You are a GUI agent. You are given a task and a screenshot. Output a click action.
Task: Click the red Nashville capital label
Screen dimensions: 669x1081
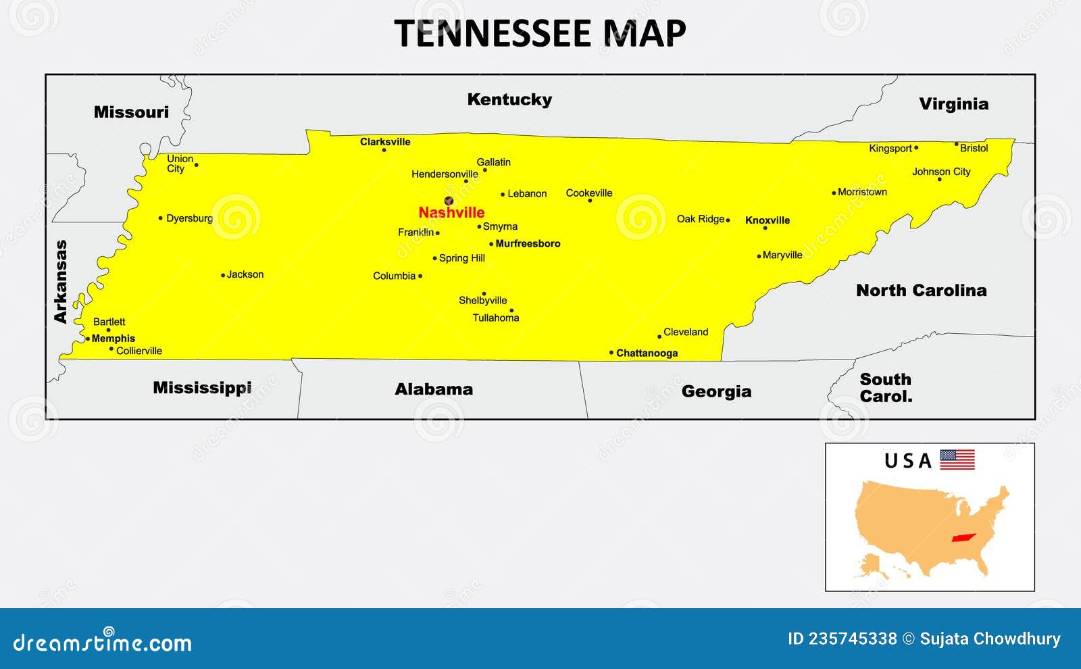point(451,213)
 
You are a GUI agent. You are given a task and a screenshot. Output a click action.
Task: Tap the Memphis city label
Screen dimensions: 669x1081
point(114,339)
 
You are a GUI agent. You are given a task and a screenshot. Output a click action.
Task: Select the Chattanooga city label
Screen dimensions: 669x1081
point(647,353)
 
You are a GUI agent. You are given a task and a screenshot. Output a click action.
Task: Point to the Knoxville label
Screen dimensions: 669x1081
point(768,220)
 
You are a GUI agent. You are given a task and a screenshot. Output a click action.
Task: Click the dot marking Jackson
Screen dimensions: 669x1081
point(223,275)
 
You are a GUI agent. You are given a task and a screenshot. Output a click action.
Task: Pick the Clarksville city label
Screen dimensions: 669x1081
point(385,142)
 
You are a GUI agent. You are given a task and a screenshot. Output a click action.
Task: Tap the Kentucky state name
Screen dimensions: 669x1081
point(509,99)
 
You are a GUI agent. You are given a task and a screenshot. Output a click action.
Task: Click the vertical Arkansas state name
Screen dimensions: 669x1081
point(61,281)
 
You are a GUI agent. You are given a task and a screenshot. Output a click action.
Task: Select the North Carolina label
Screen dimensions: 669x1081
point(921,291)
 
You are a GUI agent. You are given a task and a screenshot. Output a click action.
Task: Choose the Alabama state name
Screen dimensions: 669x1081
point(434,389)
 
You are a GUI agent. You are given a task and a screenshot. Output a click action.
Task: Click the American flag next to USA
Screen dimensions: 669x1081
point(957,460)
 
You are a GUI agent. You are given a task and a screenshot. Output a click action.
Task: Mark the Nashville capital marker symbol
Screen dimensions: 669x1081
point(449,200)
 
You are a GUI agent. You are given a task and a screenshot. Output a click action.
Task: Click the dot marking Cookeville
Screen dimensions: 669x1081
point(590,201)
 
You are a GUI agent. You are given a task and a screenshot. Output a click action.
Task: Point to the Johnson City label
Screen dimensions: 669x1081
point(941,172)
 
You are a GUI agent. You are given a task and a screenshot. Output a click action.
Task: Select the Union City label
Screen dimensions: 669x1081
point(180,164)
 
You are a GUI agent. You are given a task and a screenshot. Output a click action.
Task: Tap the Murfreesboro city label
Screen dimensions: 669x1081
point(528,244)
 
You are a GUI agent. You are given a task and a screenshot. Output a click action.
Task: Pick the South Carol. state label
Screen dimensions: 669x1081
point(886,388)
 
